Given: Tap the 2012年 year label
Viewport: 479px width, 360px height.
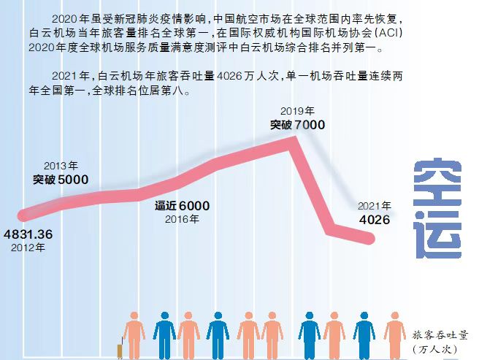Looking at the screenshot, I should pos(28,248).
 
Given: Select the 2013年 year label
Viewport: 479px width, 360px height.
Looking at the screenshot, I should pos(61,166).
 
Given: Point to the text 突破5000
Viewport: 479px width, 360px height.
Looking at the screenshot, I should pos(61,179).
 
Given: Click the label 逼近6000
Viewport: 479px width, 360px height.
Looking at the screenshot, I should pos(182,206).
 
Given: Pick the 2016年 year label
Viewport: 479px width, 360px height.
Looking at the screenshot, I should pos(182,219).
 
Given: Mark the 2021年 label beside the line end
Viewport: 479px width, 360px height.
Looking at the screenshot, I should pos(373,206).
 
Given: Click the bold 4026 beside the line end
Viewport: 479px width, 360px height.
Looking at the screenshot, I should pos(373,220).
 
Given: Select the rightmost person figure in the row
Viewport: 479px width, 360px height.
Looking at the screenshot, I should pos(394,336).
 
